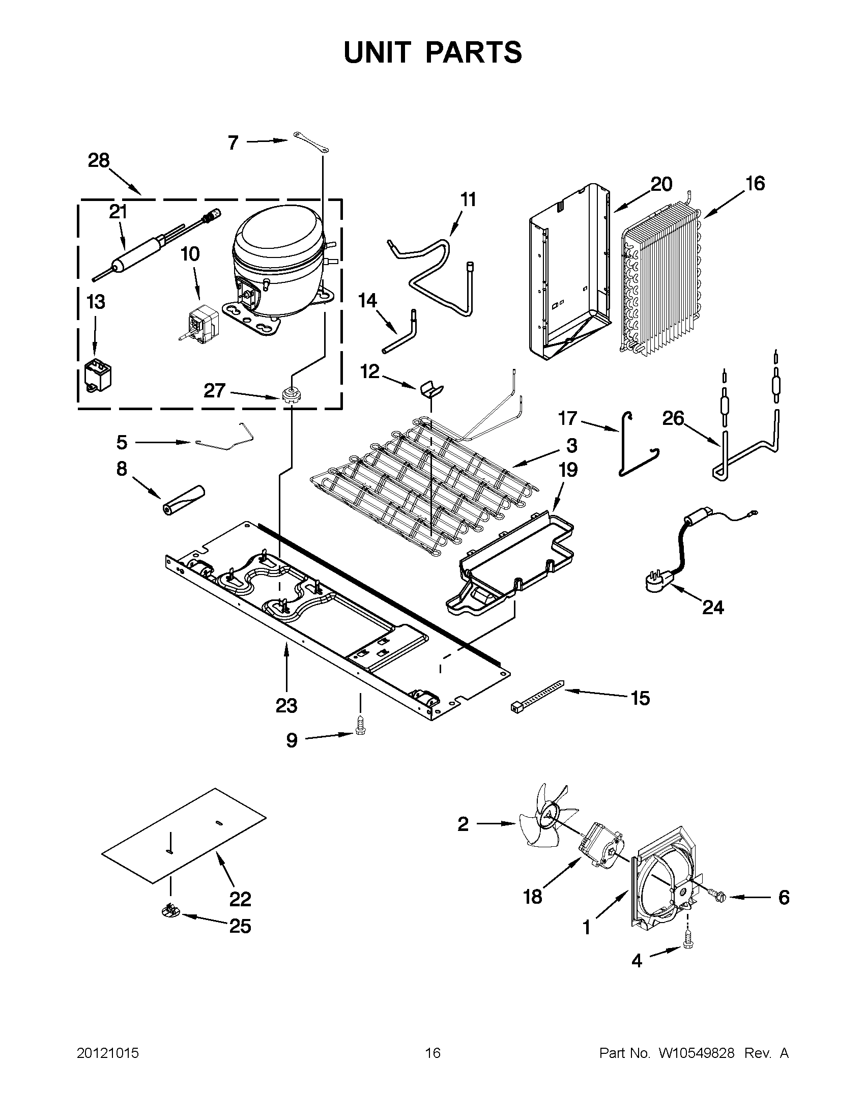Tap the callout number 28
pyautogui.click(x=98, y=161)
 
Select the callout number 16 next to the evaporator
pyautogui.click(x=755, y=184)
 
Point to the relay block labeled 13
pyautogui.click(x=98, y=377)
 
